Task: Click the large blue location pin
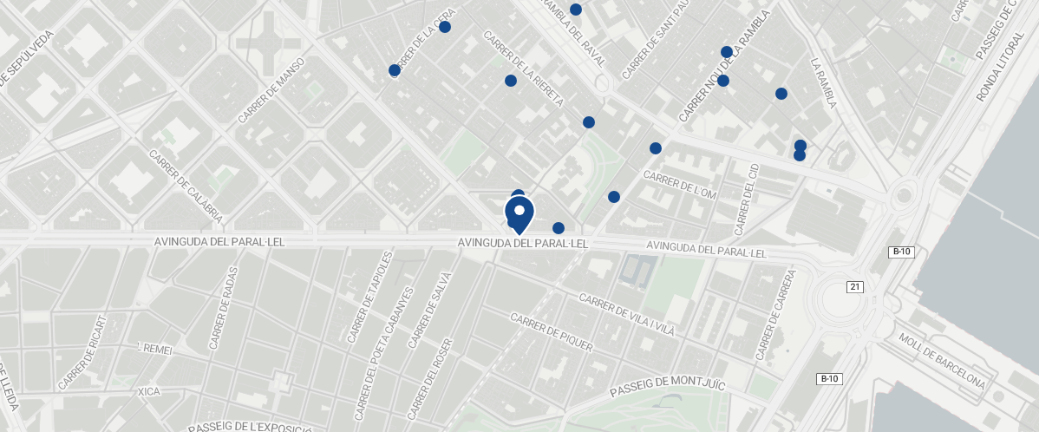pyautogui.click(x=519, y=213)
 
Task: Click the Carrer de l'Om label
pyautogui.click(x=680, y=184)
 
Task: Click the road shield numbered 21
pyautogui.click(x=855, y=286)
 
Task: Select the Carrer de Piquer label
pyautogui.click(x=552, y=333)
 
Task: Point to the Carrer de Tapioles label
pyautogui.click(x=369, y=298)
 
